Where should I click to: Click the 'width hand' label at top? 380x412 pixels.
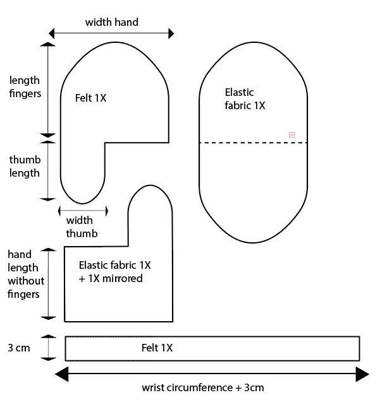[111, 22]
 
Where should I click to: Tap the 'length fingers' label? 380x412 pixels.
[25, 87]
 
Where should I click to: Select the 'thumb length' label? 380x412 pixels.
[25, 167]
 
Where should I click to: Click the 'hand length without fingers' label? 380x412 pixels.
[23, 274]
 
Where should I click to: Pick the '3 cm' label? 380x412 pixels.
[18, 348]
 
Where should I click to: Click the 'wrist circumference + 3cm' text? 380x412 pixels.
[202, 387]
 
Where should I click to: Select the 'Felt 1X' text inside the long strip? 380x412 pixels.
[157, 348]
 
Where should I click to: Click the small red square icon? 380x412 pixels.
[291, 135]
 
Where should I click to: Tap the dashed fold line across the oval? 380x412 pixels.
[253, 143]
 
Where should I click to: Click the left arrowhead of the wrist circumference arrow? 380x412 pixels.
[61, 374]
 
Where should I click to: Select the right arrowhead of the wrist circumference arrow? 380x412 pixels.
[362, 374]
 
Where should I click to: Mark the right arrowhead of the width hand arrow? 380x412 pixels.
[170, 33]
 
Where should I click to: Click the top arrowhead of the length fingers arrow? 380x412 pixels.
[48, 44]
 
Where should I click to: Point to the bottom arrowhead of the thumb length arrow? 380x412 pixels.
[48, 198]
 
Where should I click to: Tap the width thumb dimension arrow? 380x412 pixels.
[83, 210]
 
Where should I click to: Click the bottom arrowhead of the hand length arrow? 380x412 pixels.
[48, 317]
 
